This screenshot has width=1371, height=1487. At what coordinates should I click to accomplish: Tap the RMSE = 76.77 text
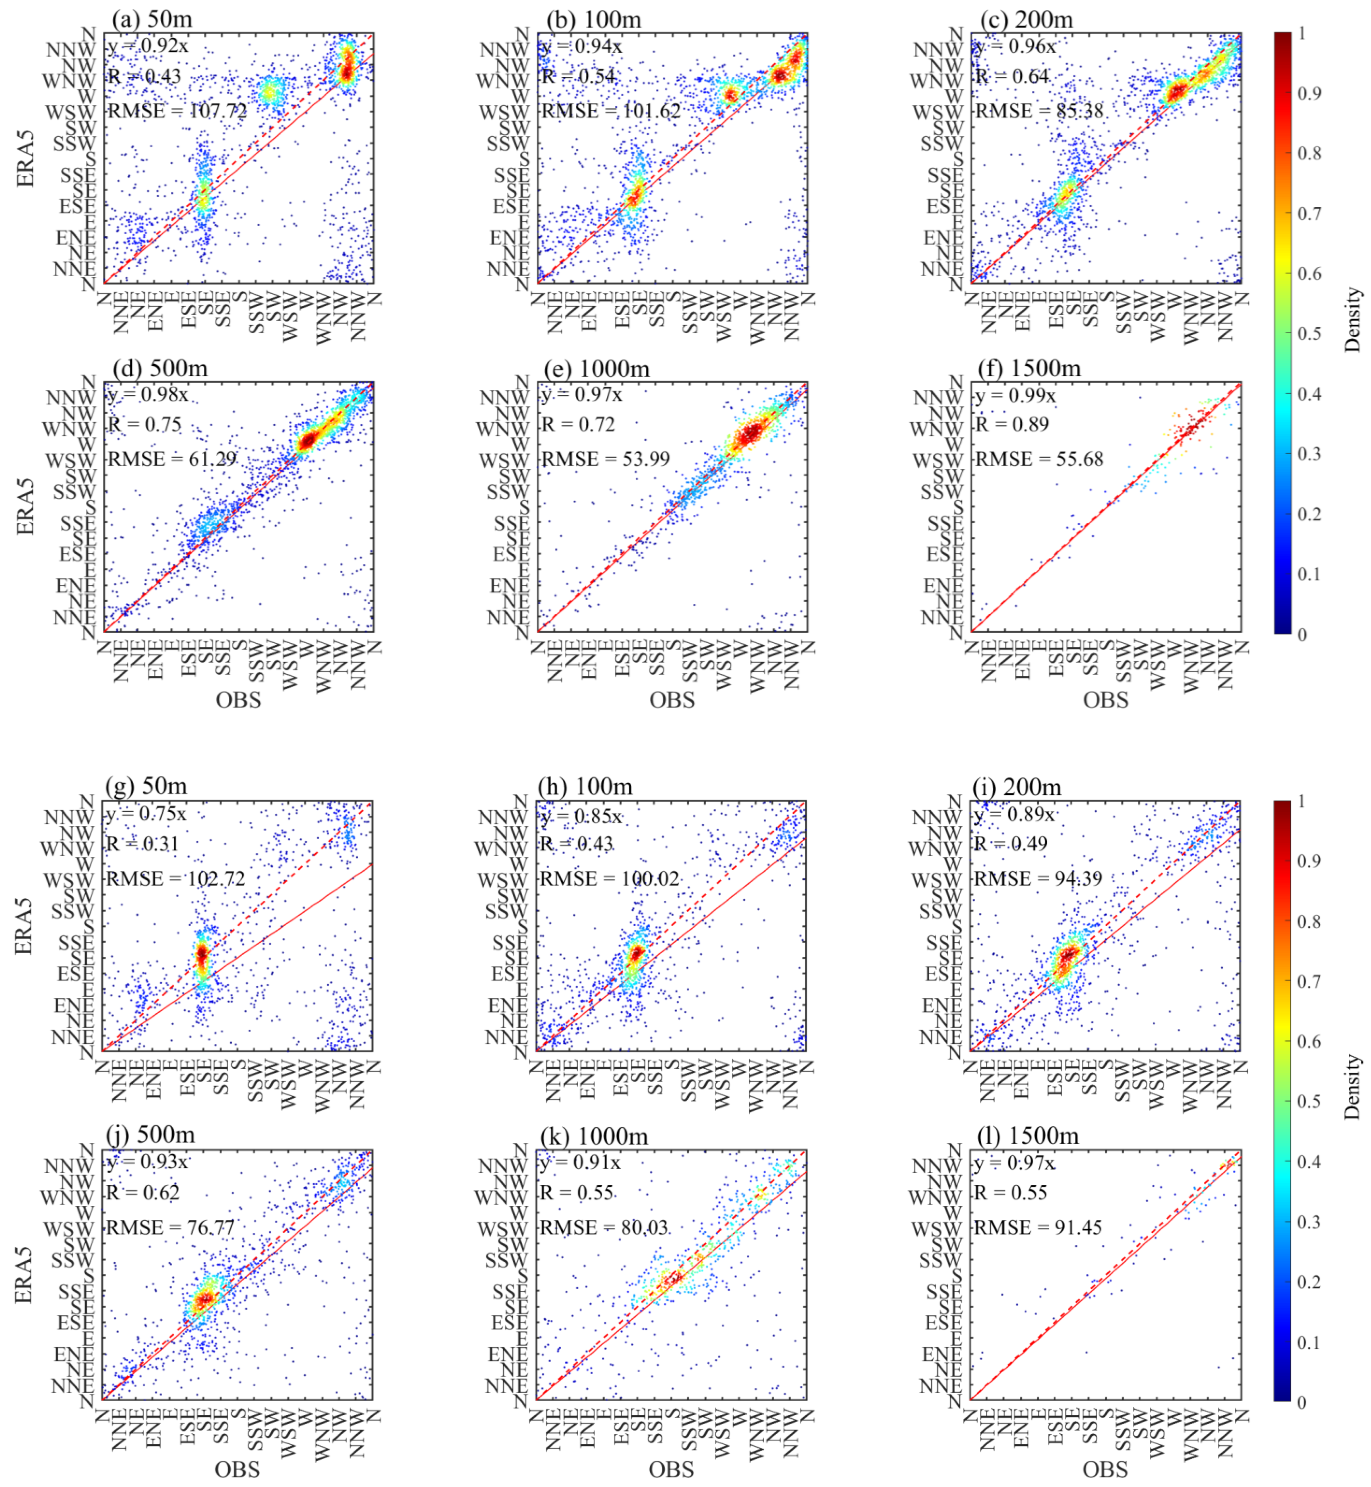170,1227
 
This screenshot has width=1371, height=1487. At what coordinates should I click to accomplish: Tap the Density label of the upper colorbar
1352,319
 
